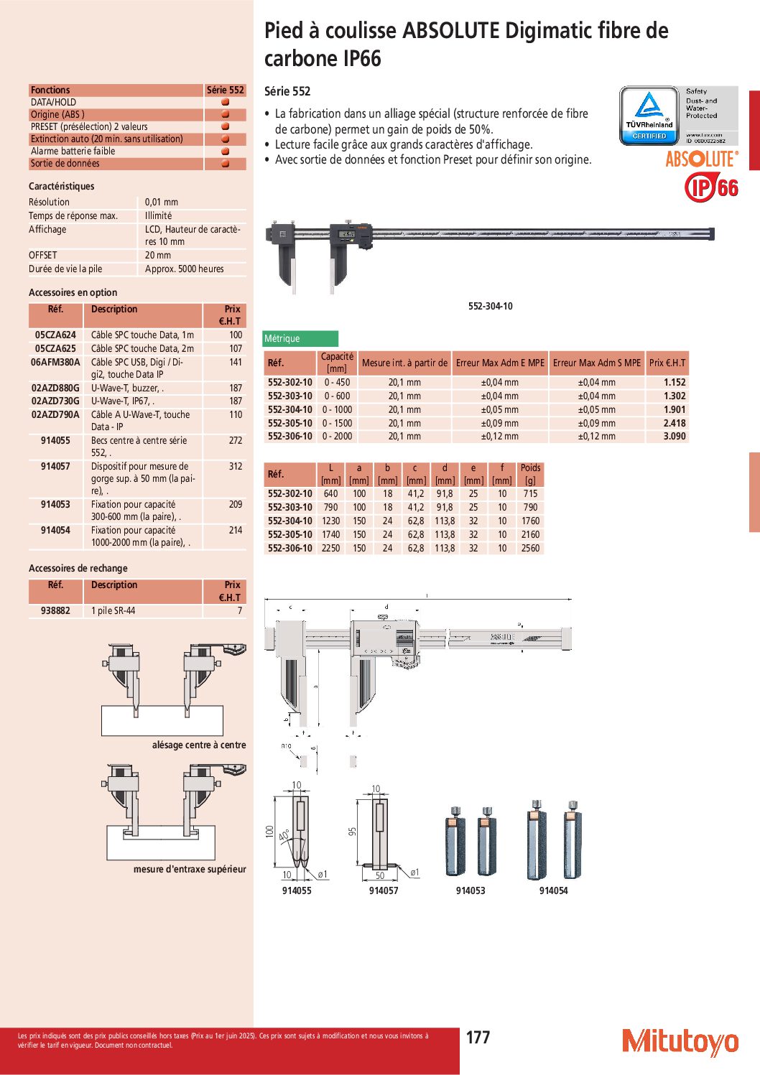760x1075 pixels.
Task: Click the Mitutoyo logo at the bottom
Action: (x=680, y=1041)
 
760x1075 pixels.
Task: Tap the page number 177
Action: (x=478, y=1037)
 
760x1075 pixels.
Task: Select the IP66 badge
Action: (x=711, y=187)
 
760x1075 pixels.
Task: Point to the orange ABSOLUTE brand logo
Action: (x=701, y=159)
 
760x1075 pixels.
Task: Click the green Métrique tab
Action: (x=300, y=338)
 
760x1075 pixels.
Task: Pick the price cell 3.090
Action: (x=674, y=436)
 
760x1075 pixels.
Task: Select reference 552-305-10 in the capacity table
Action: (x=290, y=423)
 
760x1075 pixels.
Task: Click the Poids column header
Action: (x=530, y=474)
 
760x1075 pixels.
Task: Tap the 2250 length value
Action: (x=330, y=548)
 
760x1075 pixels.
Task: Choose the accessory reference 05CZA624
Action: (x=55, y=335)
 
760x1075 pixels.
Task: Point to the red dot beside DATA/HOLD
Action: (x=225, y=102)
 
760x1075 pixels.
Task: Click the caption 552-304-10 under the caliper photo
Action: (x=490, y=306)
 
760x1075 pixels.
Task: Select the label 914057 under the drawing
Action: (x=383, y=890)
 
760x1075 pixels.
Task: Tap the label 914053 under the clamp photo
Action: (x=470, y=890)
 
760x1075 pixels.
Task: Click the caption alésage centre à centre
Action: (x=198, y=745)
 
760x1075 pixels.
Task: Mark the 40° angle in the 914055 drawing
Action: (x=284, y=836)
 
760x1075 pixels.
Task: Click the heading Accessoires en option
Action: (x=73, y=292)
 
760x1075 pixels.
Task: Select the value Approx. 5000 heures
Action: (x=184, y=269)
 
